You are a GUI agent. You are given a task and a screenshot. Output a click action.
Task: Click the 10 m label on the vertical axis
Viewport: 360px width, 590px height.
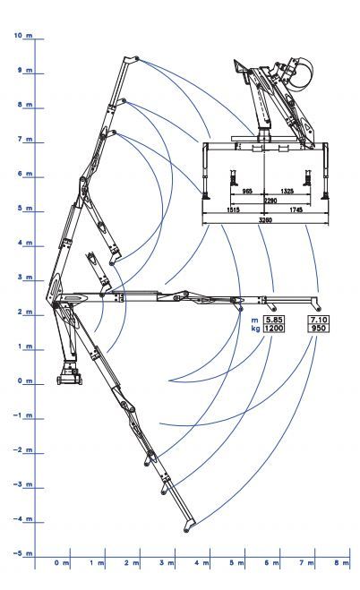pyautogui.click(x=23, y=36)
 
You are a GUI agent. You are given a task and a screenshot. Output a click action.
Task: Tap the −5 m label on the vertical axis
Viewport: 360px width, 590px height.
pyautogui.click(x=23, y=553)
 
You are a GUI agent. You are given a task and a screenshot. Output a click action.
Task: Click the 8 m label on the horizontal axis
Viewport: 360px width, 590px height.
pyautogui.click(x=341, y=562)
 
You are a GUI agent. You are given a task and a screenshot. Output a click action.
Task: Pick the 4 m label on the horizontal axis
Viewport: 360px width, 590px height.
pyautogui.click(x=201, y=562)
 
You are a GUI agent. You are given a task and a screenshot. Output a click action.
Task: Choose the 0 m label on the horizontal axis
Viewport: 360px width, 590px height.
pyautogui.click(x=61, y=562)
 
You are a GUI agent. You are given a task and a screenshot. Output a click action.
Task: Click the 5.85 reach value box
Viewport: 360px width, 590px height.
pyautogui.click(x=273, y=320)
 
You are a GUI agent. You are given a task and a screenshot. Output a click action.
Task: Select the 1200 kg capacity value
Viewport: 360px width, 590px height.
pyautogui.click(x=273, y=328)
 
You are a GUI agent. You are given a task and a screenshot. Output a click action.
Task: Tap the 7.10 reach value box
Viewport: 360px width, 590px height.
pyautogui.click(x=318, y=320)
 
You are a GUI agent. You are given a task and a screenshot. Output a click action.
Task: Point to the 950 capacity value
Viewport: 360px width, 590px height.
pyautogui.click(x=318, y=328)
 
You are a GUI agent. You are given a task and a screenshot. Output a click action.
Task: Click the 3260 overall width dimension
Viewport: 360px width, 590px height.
pyautogui.click(x=265, y=219)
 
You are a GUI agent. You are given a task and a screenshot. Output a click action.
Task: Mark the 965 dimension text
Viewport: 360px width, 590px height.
pyautogui.click(x=247, y=192)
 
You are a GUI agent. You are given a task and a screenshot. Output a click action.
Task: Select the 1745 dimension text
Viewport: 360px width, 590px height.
pyautogui.click(x=296, y=210)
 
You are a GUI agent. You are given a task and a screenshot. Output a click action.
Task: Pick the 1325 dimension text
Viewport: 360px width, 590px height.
pyautogui.click(x=287, y=192)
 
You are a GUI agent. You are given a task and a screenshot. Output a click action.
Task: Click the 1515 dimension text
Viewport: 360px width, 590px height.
pyautogui.click(x=233, y=210)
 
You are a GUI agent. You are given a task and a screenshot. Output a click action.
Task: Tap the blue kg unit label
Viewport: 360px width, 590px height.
pyautogui.click(x=255, y=329)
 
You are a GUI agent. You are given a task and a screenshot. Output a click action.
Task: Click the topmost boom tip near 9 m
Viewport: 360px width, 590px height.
pyautogui.click(x=136, y=59)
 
